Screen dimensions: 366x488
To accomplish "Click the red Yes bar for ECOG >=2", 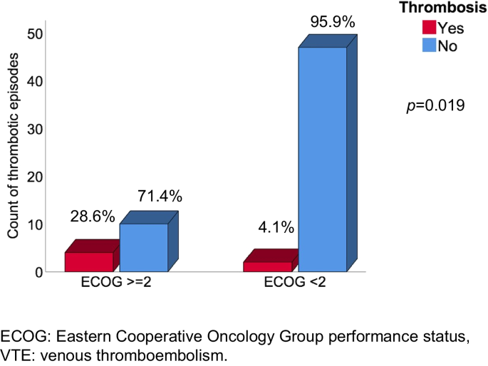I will pos(88,261).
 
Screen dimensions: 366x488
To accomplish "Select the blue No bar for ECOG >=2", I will pos(143,247).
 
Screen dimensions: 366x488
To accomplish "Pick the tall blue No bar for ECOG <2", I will pos(322,160).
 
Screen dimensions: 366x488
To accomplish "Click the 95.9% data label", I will pos(332,22).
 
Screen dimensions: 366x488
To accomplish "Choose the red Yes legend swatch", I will pos(430,28).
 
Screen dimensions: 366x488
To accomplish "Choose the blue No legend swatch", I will pos(430,45).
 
